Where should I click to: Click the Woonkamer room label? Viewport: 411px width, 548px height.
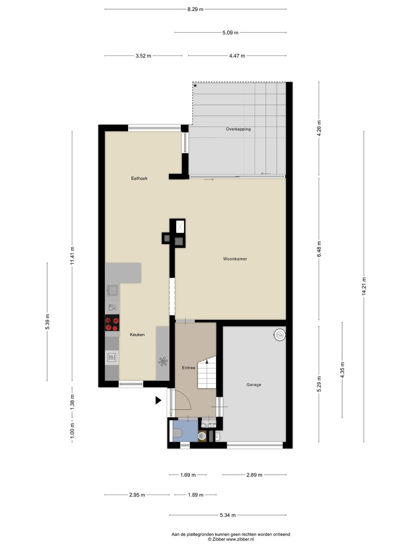(235, 259)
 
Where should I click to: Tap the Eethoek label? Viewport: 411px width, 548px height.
(139, 178)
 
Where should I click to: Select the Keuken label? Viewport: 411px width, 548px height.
(137, 335)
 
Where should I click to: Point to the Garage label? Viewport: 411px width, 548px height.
(254, 385)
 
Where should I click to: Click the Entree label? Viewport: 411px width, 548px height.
(188, 368)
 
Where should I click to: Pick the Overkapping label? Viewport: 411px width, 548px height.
(238, 129)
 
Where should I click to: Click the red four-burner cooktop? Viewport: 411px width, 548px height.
(112, 323)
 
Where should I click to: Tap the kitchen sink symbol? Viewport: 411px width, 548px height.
(112, 290)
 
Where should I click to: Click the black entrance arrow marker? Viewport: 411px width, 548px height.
(158, 400)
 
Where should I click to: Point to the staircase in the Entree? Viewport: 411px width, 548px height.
(207, 372)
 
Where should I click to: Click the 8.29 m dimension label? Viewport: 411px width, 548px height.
(195, 9)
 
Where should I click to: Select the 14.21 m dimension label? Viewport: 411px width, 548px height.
(363, 286)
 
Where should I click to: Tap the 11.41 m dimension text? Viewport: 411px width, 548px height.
(72, 256)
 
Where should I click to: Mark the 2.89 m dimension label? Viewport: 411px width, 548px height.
(254, 475)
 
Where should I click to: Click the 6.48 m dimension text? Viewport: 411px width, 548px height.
(319, 249)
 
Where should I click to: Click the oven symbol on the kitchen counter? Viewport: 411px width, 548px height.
(112, 357)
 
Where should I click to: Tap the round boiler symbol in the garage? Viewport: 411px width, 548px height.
(279, 335)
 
